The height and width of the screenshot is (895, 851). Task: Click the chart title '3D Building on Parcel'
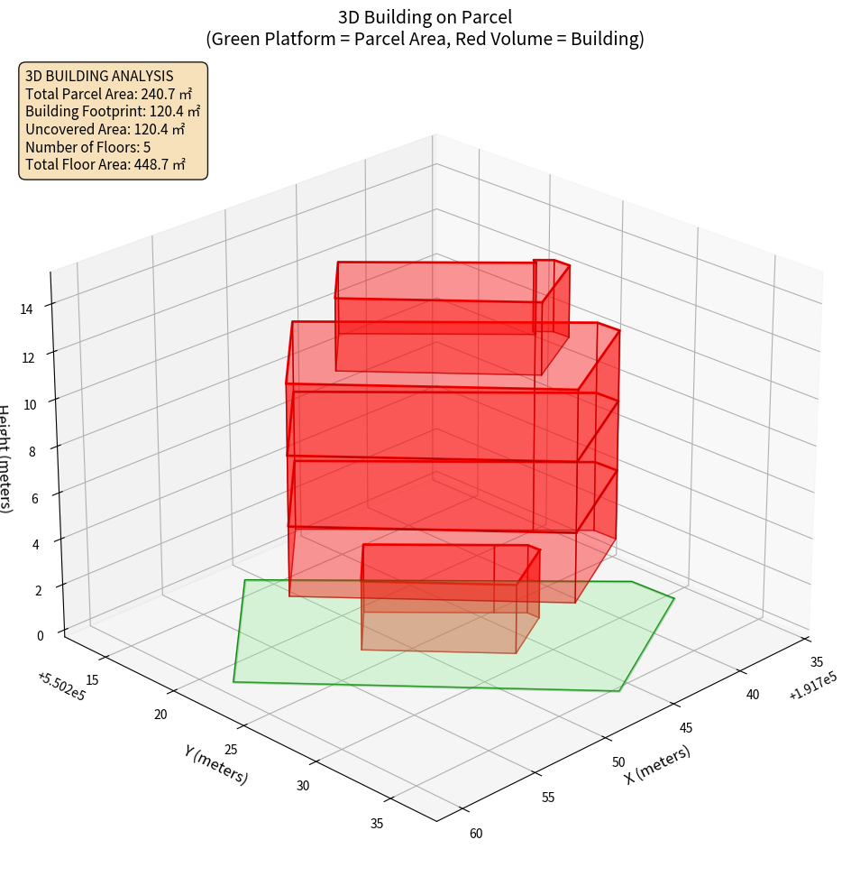[x=425, y=16]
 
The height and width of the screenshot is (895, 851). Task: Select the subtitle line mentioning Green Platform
[x=425, y=39]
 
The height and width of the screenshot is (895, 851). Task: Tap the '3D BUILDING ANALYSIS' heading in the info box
[x=99, y=76]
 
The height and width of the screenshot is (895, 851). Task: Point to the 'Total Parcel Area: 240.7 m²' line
[x=109, y=94]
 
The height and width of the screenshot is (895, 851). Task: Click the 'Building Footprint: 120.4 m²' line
[x=113, y=111]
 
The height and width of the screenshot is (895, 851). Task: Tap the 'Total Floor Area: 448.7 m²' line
[x=105, y=164]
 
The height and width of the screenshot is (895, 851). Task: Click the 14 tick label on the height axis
[x=26, y=309]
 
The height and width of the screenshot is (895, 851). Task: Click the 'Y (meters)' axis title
[x=215, y=763]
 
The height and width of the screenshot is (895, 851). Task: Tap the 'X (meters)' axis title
[x=658, y=765]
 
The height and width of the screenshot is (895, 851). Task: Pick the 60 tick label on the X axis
[x=476, y=833]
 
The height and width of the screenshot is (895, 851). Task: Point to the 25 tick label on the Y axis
[x=231, y=750]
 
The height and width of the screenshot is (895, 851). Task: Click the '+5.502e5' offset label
[x=61, y=685]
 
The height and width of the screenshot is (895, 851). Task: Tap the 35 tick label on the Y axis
[x=377, y=822]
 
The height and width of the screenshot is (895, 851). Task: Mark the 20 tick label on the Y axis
[x=161, y=715]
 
